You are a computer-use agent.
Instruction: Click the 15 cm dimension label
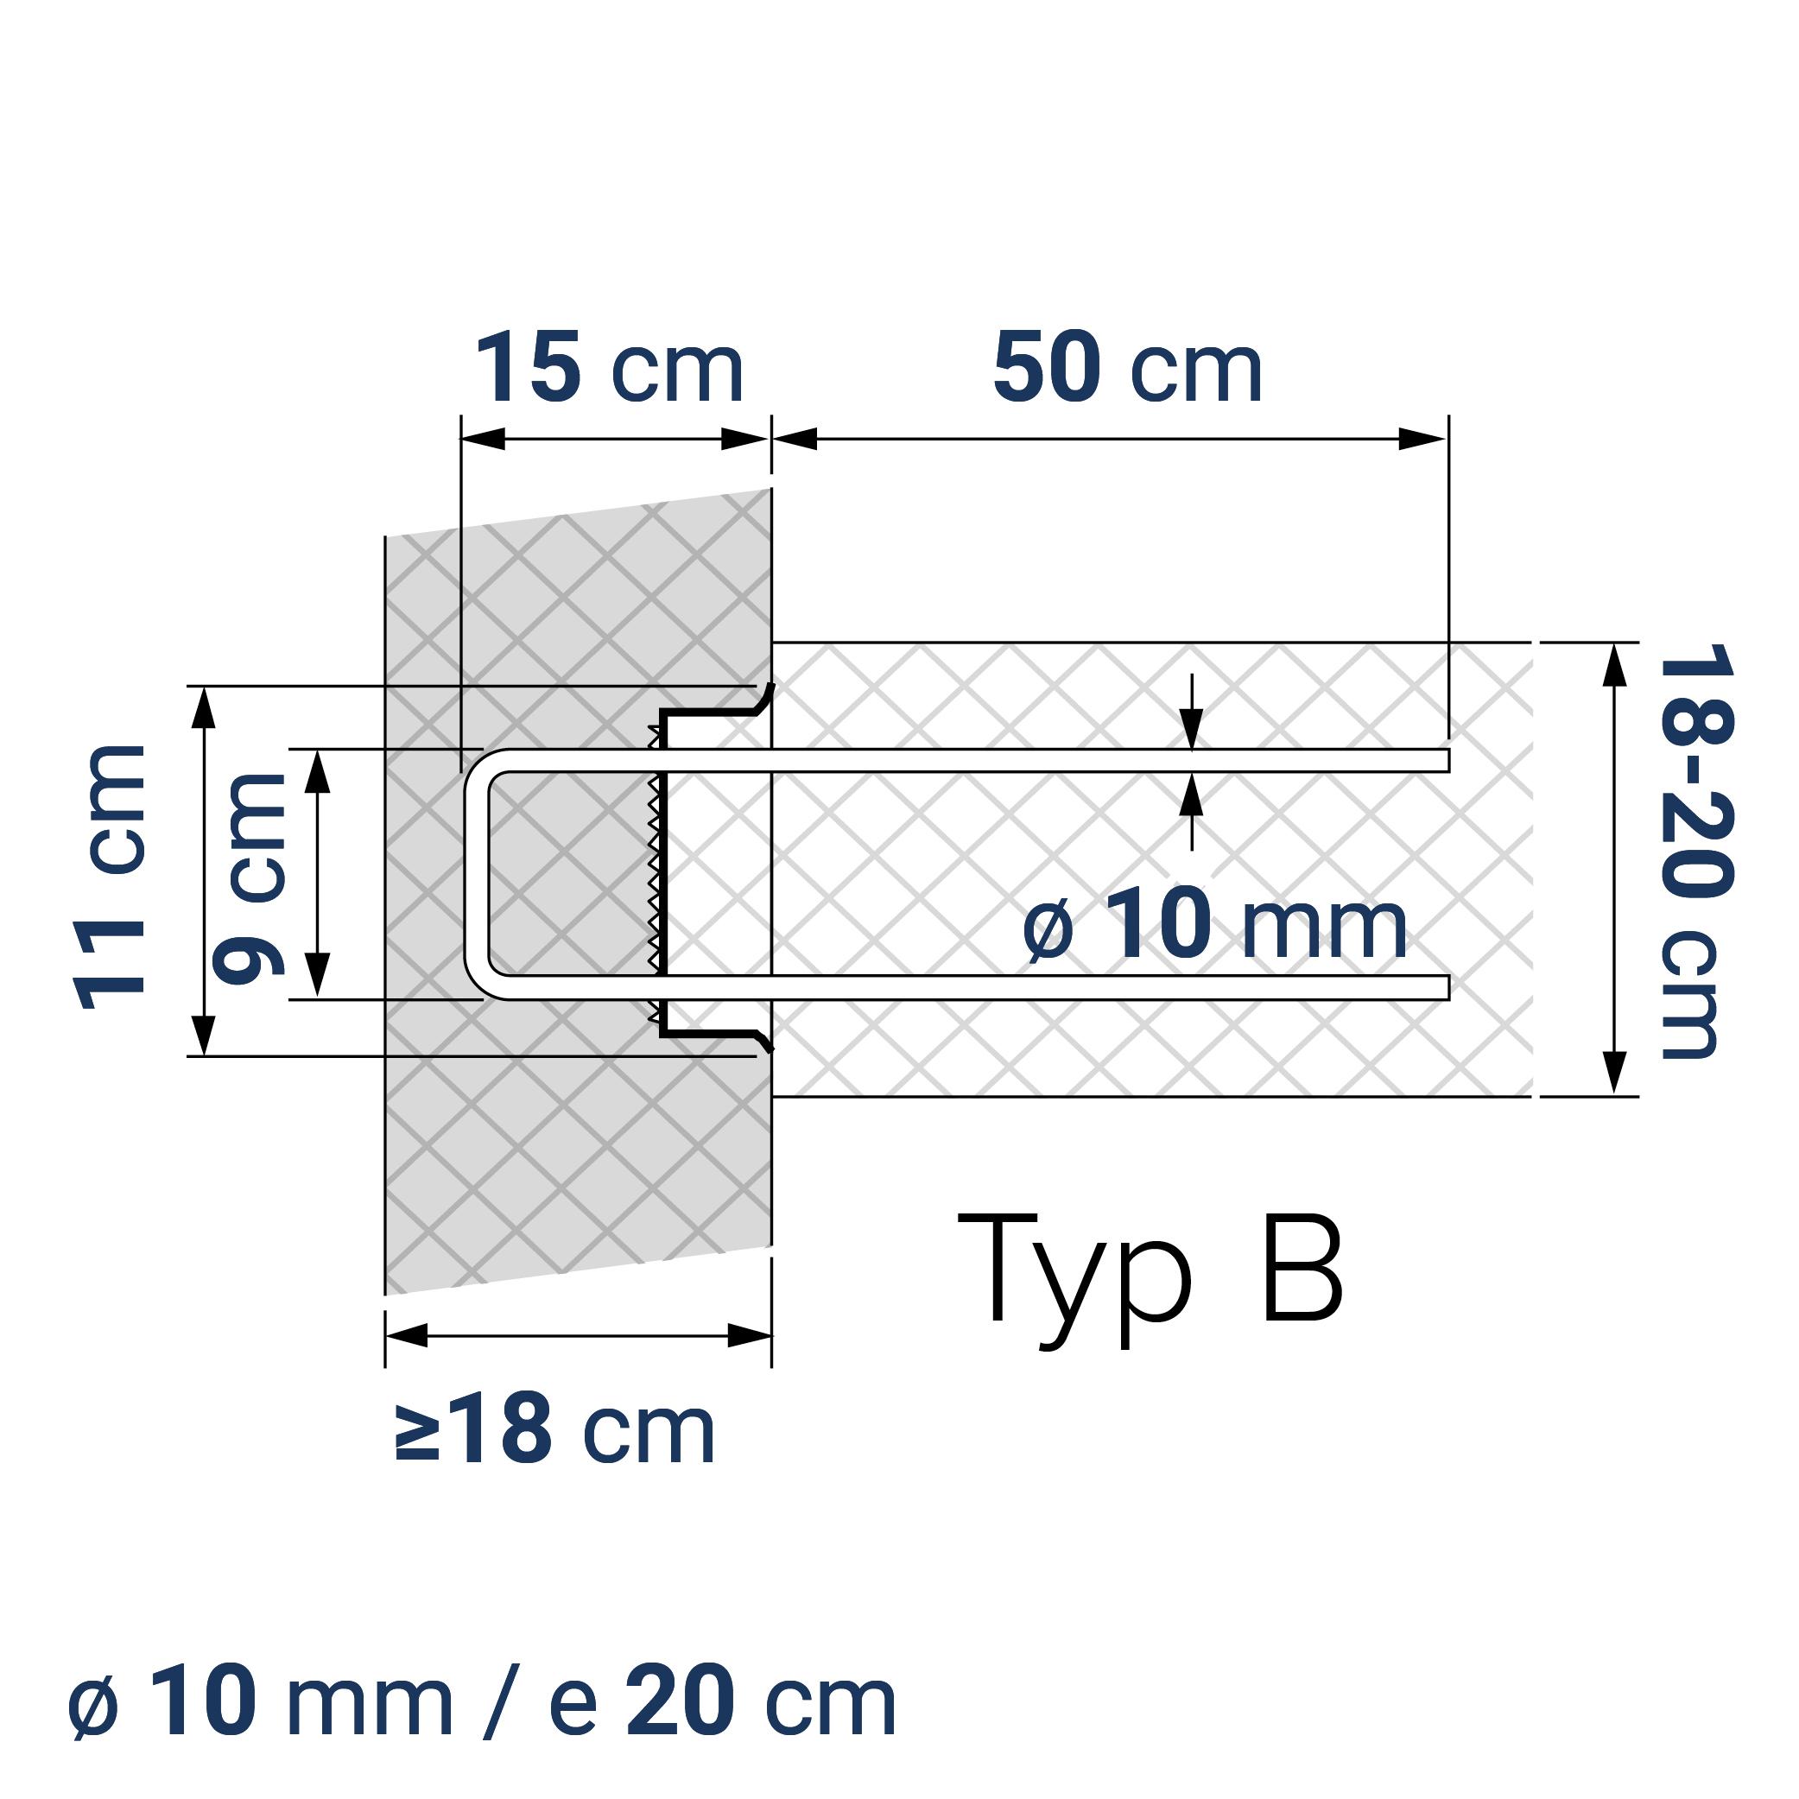click(x=610, y=369)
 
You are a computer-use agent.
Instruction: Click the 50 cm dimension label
click(x=1127, y=369)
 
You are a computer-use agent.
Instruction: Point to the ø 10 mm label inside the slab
click(x=1214, y=925)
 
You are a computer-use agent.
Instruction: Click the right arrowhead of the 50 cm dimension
click(x=1422, y=440)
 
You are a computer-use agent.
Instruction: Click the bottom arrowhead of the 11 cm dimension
click(x=204, y=1035)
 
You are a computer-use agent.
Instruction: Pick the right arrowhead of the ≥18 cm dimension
click(x=749, y=1336)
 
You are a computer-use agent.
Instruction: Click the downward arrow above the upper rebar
click(x=1192, y=729)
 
